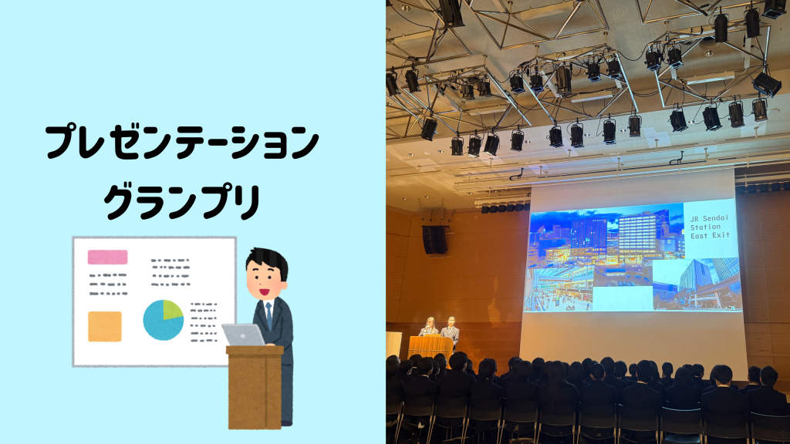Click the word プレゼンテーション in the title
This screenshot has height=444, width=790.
[x=182, y=143]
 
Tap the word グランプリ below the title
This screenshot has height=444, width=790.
[x=182, y=202]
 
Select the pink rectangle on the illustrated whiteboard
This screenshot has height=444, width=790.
[x=107, y=257]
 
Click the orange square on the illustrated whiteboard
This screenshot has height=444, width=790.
[x=105, y=326]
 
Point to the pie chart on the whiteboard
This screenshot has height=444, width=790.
[x=164, y=320]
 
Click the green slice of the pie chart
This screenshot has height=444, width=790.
[x=171, y=309]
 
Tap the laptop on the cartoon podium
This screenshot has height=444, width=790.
[x=243, y=335]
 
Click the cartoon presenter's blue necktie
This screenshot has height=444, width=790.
[x=269, y=314]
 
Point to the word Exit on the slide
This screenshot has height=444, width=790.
[x=721, y=235]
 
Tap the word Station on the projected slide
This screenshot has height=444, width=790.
[x=705, y=227]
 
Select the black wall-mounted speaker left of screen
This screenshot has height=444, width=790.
[x=434, y=240]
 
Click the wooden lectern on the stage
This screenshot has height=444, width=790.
[x=430, y=348]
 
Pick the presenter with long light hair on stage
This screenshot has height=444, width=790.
[x=429, y=326]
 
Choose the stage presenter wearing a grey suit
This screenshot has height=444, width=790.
[x=450, y=329]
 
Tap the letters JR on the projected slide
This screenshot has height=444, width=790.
[x=695, y=219]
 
